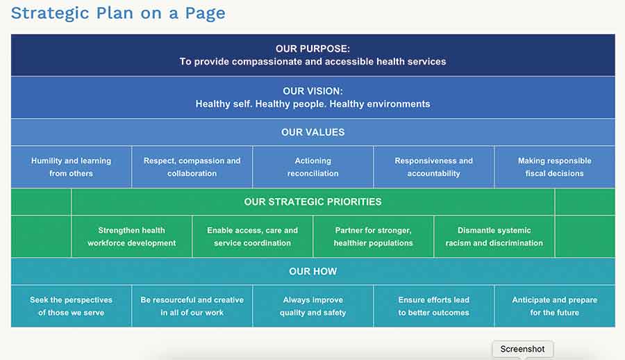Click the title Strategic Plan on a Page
click(x=118, y=13)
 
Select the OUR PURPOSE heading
click(x=312, y=49)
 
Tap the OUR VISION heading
click(x=312, y=91)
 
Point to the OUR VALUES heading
click(x=312, y=132)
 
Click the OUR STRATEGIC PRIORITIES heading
click(x=312, y=202)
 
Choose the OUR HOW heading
click(x=312, y=271)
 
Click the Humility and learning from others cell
click(x=71, y=167)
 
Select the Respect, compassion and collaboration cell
click(x=192, y=167)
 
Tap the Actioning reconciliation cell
click(x=312, y=167)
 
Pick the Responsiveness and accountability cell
click(x=433, y=167)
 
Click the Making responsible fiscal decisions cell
click(x=554, y=167)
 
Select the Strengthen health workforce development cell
click(x=131, y=236)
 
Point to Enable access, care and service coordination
click(x=252, y=236)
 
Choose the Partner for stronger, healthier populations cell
click(x=373, y=236)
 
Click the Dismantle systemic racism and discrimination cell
click(x=494, y=236)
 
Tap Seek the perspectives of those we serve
click(x=71, y=306)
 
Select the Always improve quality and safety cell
click(x=312, y=306)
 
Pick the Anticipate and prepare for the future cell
click(x=554, y=306)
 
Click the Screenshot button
click(x=522, y=349)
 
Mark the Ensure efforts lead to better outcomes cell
click(x=433, y=306)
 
